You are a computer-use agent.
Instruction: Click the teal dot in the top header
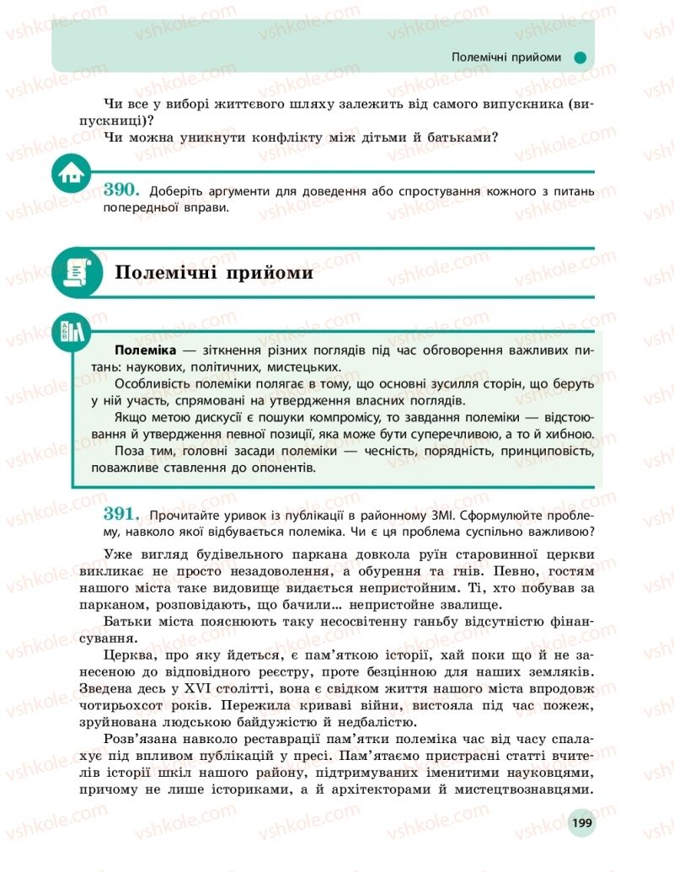coord(580,57)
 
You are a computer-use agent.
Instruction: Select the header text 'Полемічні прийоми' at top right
coord(506,57)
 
